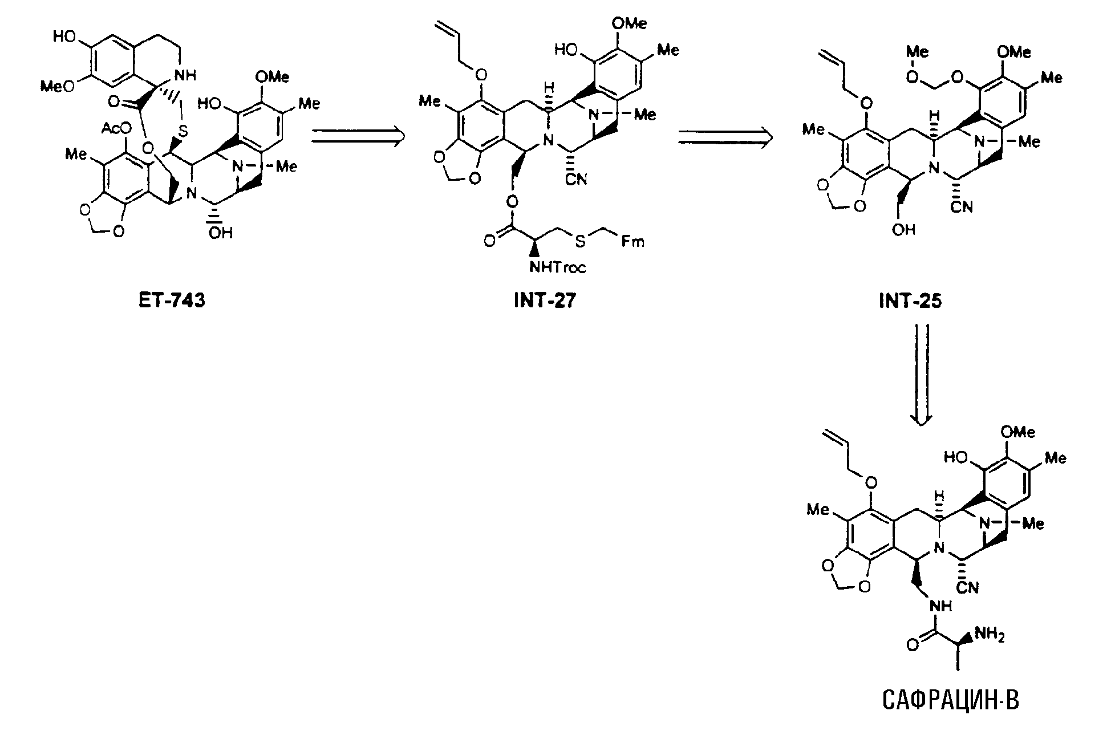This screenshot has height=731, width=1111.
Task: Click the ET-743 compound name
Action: click(172, 300)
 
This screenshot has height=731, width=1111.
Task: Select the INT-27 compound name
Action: click(544, 300)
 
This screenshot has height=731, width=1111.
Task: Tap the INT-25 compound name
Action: click(910, 300)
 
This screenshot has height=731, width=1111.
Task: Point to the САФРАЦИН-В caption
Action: click(942, 700)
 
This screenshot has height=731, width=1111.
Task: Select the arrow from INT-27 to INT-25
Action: click(725, 137)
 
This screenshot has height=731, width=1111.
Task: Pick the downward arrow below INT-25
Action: click(922, 374)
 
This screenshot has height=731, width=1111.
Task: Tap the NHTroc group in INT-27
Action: click(557, 266)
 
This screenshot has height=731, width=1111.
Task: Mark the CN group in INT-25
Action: click(961, 207)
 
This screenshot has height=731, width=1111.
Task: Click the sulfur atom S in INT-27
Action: click(579, 242)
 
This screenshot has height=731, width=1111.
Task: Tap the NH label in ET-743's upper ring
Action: click(185, 75)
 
